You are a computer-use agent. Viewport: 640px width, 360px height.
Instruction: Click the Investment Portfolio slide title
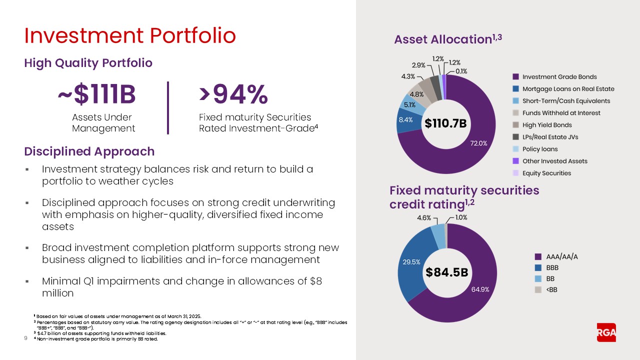click(x=130, y=36)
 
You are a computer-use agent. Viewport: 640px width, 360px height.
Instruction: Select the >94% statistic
click(x=233, y=95)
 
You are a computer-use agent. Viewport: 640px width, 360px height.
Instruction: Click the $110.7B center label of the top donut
click(x=445, y=123)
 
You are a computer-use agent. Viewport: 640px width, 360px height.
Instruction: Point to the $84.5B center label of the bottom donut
click(x=447, y=272)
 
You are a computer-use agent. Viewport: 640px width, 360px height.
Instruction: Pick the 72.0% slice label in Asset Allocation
click(x=478, y=143)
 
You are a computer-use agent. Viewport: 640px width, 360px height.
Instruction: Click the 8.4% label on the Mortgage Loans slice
click(x=405, y=120)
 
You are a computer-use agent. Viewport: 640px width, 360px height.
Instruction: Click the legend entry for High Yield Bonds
click(x=547, y=125)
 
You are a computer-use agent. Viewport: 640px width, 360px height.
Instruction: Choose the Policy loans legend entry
click(x=540, y=149)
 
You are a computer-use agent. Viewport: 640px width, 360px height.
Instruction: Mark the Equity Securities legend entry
click(x=546, y=173)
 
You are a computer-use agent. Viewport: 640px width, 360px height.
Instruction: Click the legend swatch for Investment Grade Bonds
click(x=515, y=77)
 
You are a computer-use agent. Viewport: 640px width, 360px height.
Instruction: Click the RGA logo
click(x=606, y=332)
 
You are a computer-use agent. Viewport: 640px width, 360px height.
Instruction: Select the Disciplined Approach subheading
click(x=89, y=151)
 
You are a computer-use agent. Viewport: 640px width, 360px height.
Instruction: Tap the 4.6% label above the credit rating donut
click(x=424, y=218)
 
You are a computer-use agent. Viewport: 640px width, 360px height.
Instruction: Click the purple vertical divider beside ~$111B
click(x=168, y=108)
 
